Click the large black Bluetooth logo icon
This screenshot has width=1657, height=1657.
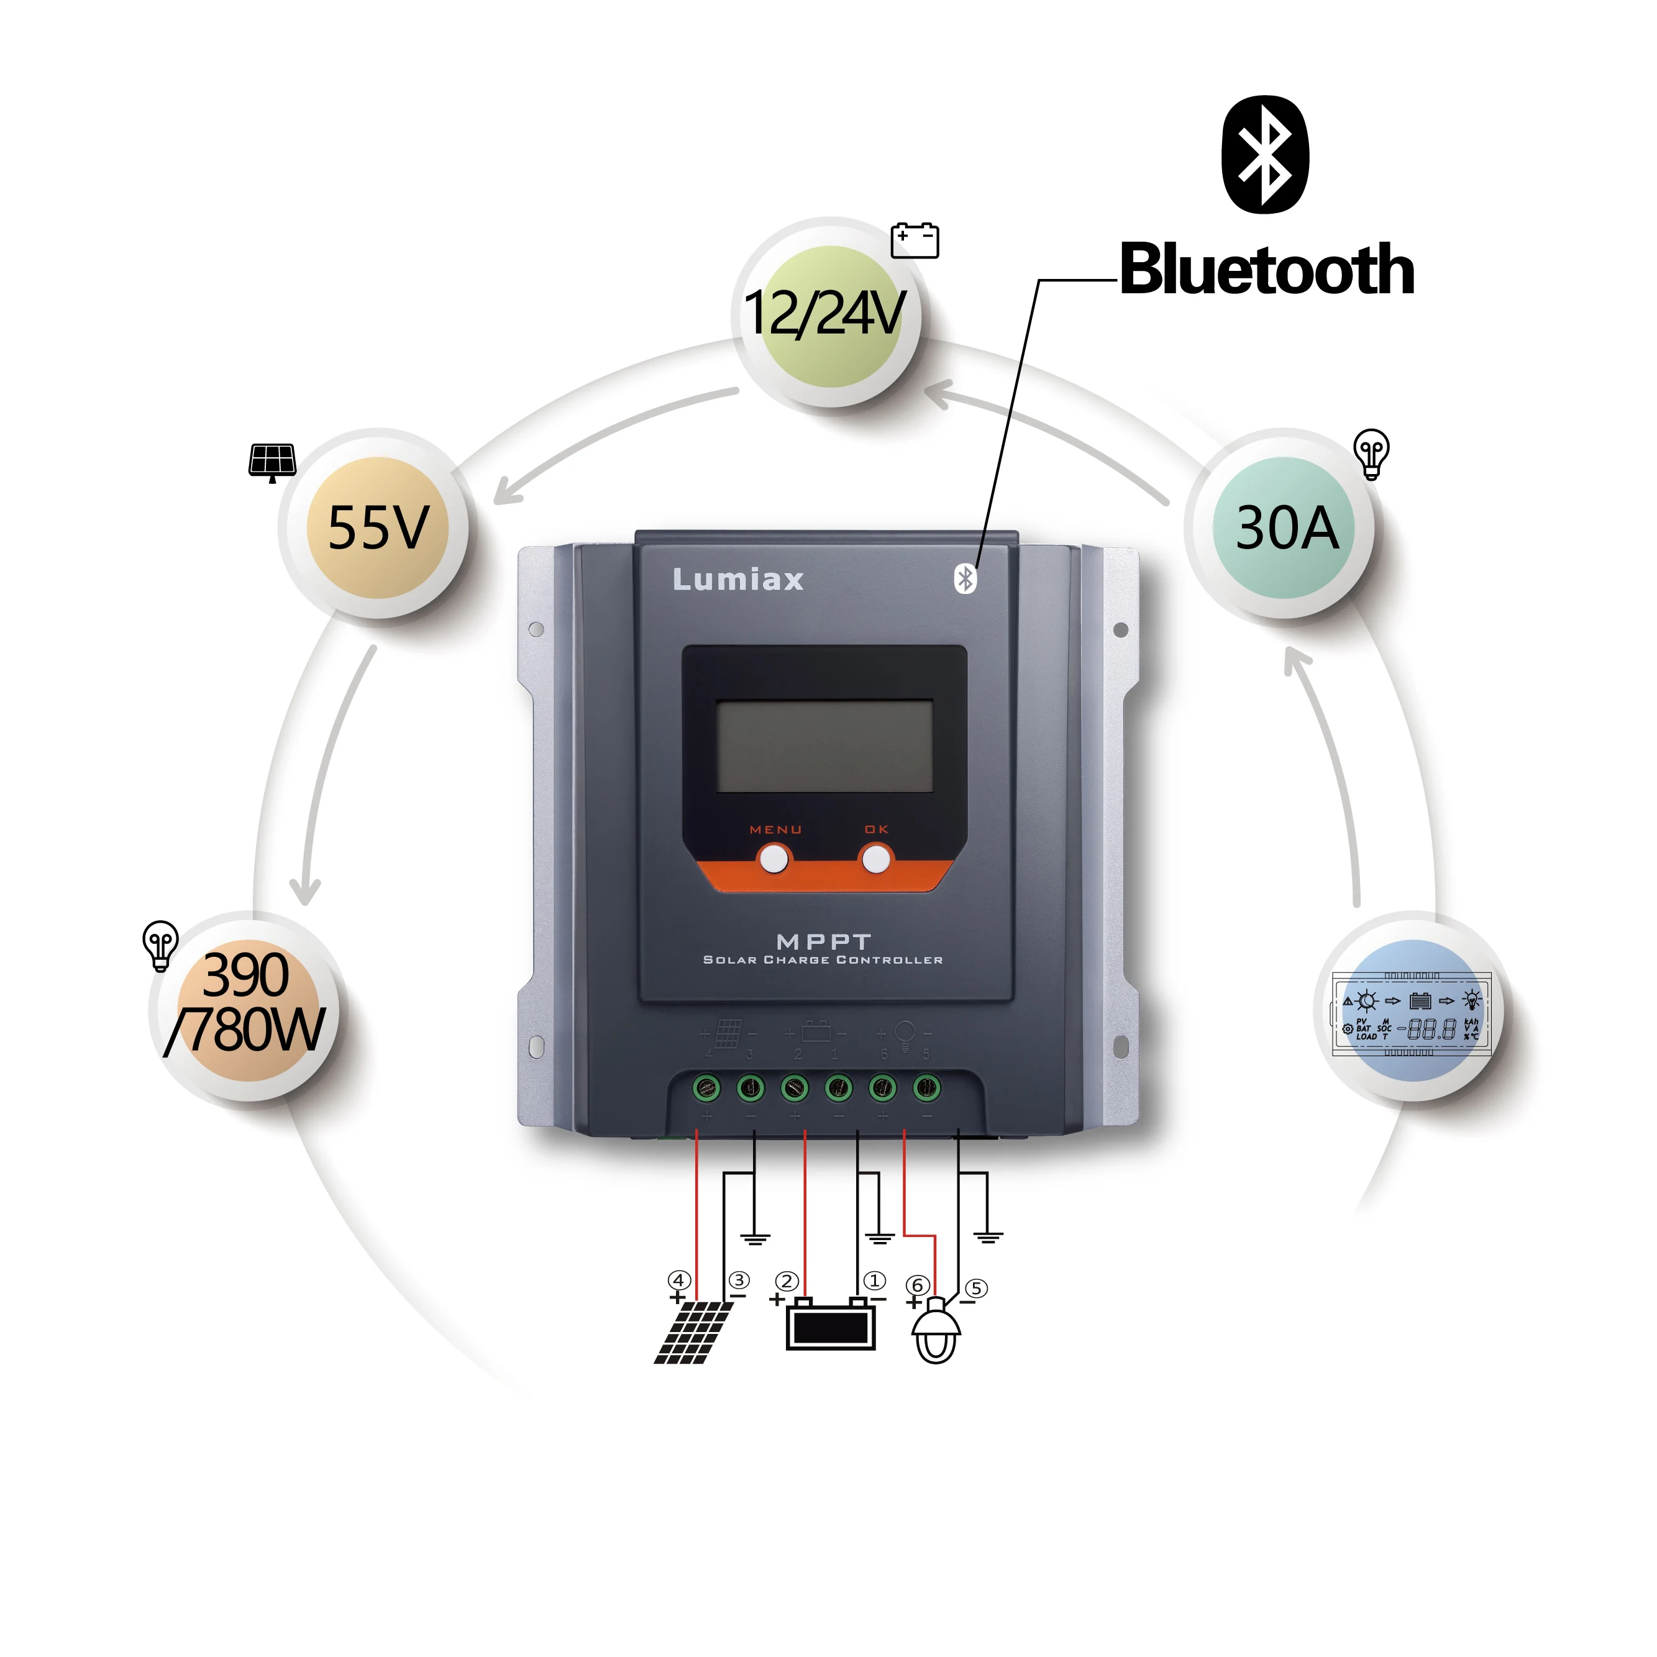click(1265, 154)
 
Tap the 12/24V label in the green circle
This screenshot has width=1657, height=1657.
click(825, 313)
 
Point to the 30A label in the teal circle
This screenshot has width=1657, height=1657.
click(1287, 527)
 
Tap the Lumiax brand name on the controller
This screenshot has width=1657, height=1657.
click(737, 580)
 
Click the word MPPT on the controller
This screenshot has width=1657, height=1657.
click(823, 942)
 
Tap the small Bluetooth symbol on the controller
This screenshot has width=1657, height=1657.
click(965, 579)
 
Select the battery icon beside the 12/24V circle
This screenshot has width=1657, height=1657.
click(915, 240)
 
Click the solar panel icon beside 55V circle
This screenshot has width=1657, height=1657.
click(272, 462)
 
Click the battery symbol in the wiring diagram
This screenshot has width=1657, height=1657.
click(830, 1324)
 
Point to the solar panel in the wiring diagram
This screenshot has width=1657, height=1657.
click(693, 1332)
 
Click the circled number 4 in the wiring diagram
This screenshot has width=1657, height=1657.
click(679, 1280)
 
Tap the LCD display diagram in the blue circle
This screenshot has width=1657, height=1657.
click(1412, 1013)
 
